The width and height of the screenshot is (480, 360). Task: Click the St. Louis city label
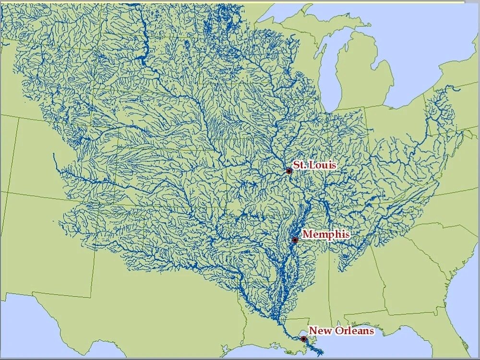[x=315, y=165]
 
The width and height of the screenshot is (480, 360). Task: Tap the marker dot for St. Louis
[x=289, y=171]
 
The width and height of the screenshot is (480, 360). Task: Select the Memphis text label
[x=326, y=234]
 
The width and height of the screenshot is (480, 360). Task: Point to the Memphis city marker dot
[x=295, y=240]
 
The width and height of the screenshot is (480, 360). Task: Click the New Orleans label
[x=341, y=331]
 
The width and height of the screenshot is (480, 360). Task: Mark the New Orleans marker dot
[x=303, y=339]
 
